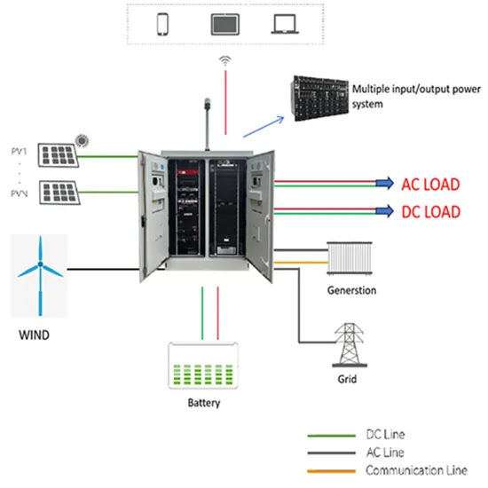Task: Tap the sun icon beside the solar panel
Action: tap(83, 139)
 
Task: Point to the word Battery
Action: tap(204, 404)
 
